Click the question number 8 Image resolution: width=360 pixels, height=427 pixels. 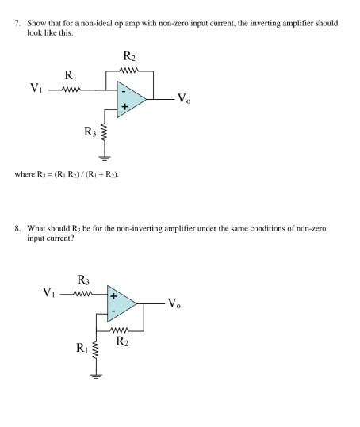point(17,227)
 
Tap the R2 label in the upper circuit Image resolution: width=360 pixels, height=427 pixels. point(130,56)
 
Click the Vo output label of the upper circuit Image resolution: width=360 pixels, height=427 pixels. point(183,99)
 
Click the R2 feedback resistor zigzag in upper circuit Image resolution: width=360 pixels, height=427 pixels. point(129,69)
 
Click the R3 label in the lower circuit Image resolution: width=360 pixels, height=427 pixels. point(83,280)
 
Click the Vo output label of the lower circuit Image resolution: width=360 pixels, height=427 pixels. point(183,305)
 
